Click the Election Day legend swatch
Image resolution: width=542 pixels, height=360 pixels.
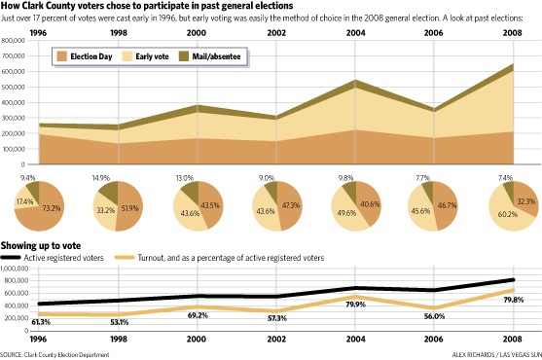click(x=62, y=56)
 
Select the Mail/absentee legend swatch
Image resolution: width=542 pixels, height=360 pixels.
click(x=184, y=56)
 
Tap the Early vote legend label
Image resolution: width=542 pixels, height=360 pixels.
click(x=152, y=56)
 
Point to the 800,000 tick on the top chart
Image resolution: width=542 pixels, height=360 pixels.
click(x=14, y=41)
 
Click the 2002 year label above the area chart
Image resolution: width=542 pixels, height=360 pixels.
click(x=276, y=33)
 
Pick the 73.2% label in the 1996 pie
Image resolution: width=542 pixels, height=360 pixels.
click(x=52, y=208)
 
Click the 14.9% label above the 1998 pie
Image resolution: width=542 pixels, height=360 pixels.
click(x=101, y=178)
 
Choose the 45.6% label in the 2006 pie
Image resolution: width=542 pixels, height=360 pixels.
click(x=420, y=211)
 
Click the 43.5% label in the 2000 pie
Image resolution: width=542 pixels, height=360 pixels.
click(x=210, y=205)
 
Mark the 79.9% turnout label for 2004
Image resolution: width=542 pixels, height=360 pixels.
click(x=356, y=305)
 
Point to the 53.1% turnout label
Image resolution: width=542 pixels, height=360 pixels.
click(x=119, y=322)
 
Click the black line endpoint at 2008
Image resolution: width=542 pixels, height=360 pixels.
click(x=514, y=280)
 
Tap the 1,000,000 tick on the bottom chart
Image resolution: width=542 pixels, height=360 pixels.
click(x=15, y=269)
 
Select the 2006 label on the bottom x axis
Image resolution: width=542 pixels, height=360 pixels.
click(x=433, y=339)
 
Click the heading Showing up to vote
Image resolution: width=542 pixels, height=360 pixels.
click(x=41, y=245)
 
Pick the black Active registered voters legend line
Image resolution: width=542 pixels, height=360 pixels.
click(x=11, y=258)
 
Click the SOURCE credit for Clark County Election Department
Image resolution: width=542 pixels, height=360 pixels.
click(x=54, y=355)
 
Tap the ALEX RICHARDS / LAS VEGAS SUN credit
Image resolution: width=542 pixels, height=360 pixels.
click(x=496, y=355)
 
